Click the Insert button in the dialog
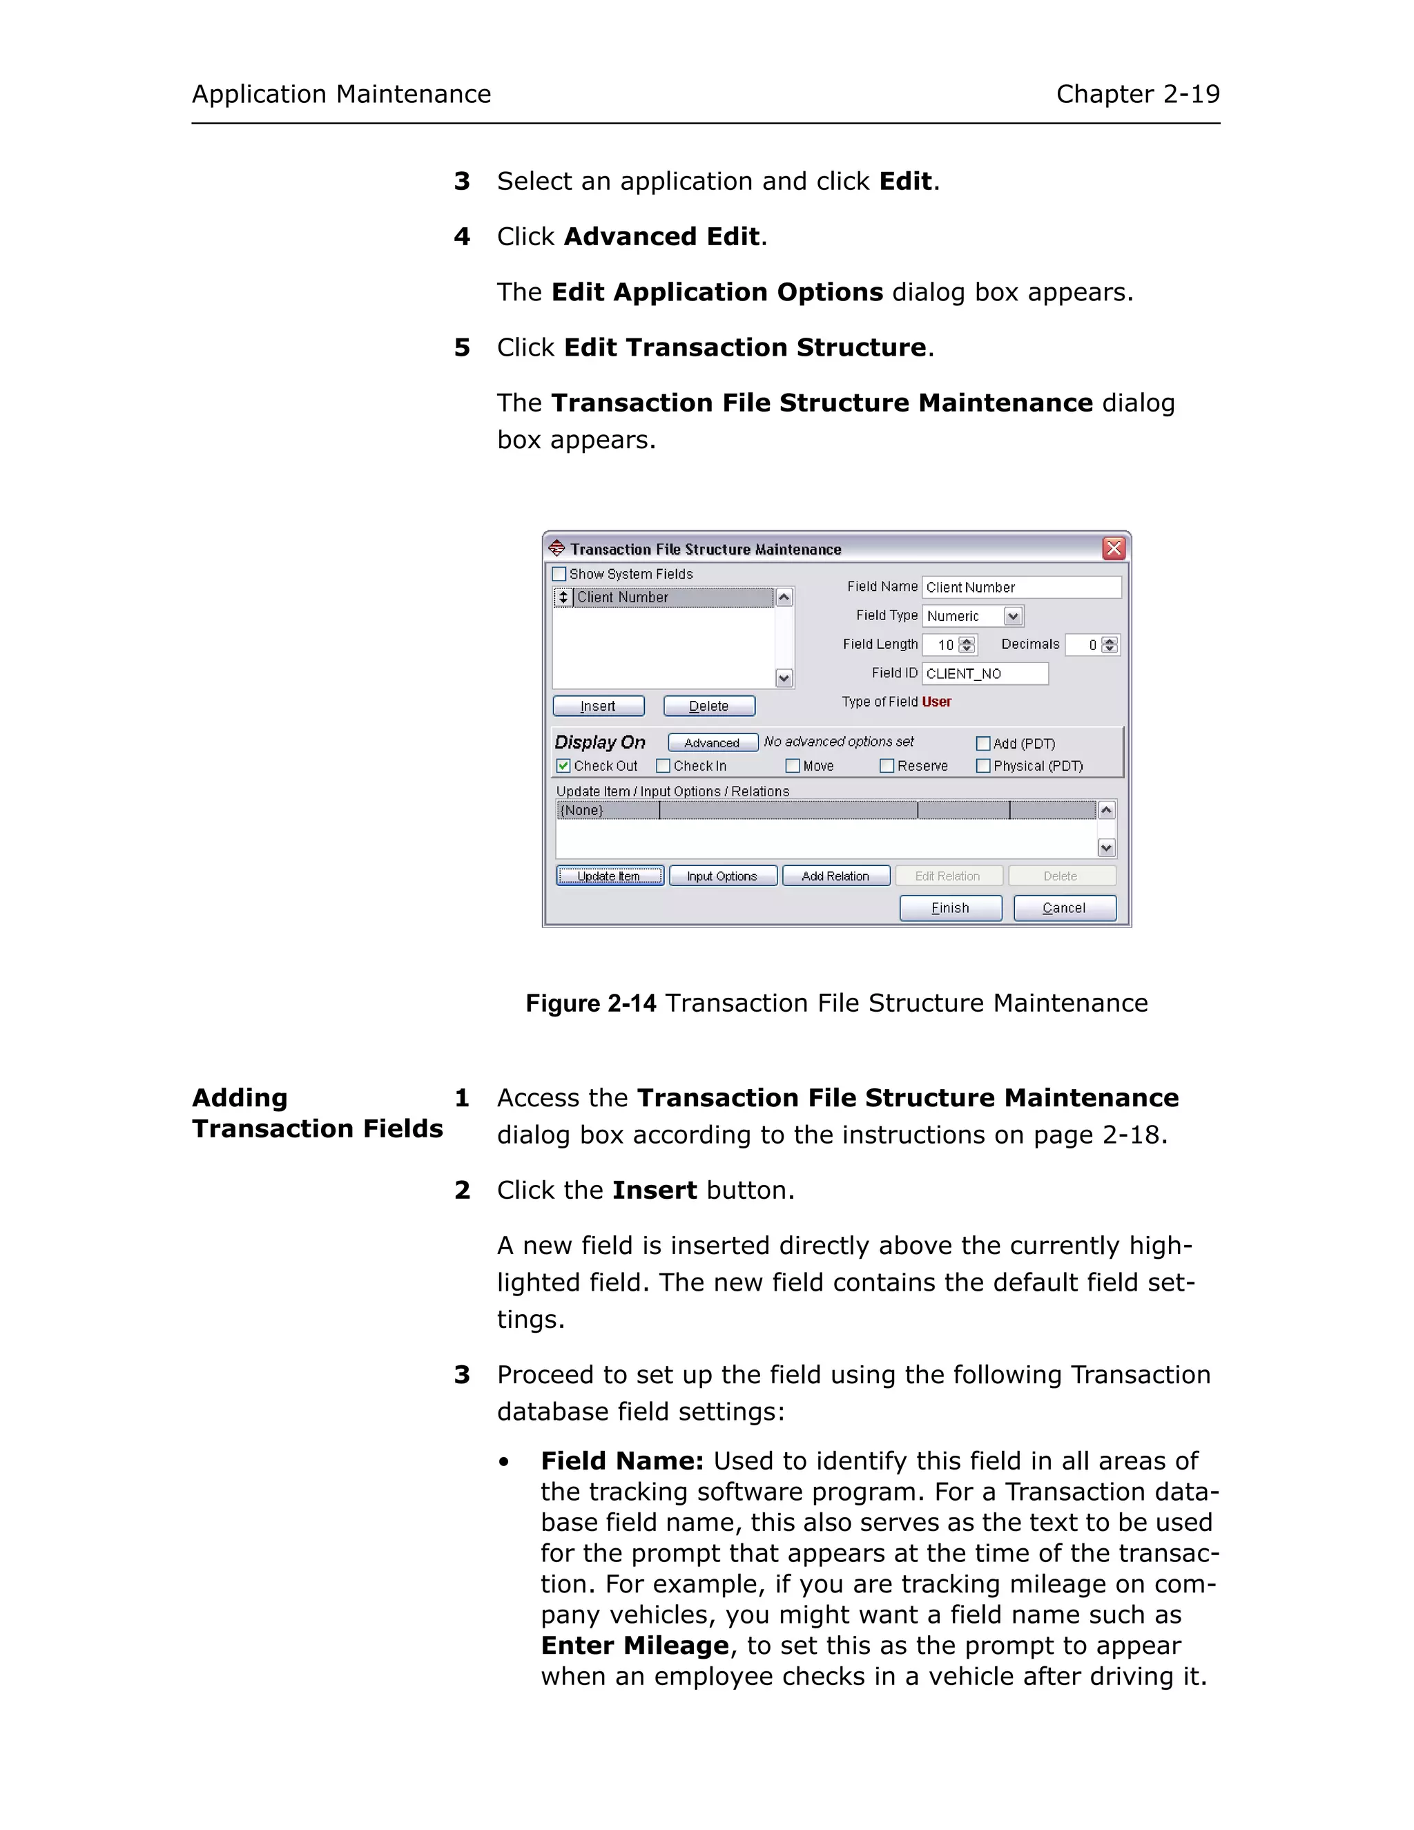[x=598, y=706]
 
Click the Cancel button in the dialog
[x=1064, y=908]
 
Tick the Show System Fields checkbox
[x=559, y=574]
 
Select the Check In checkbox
[x=664, y=766]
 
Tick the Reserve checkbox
[x=887, y=766]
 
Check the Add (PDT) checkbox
[x=983, y=743]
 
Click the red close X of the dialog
[x=1113, y=549]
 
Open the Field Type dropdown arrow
[x=1013, y=617]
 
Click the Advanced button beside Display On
[x=712, y=743]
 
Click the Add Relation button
[x=835, y=876]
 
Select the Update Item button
[x=609, y=876]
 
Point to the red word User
[x=936, y=702]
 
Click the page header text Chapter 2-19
[x=1136, y=94]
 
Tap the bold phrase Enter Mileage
[x=634, y=1646]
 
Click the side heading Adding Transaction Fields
[x=317, y=1114]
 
